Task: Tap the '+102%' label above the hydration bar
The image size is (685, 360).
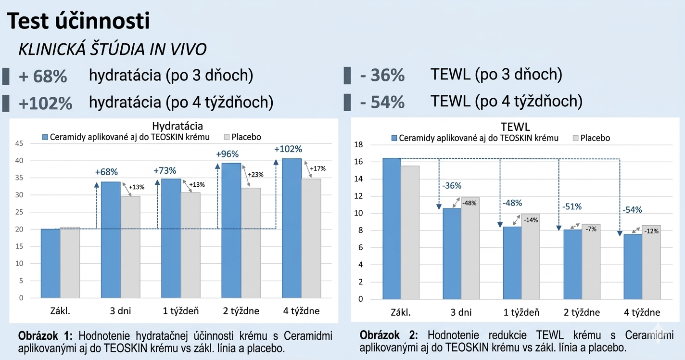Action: [x=288, y=149]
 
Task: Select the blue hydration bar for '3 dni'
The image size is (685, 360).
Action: [x=111, y=239]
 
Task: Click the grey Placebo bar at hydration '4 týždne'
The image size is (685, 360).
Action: [x=311, y=238]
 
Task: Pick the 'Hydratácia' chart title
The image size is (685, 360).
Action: [x=177, y=126]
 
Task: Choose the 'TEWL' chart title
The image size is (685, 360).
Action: [x=515, y=127]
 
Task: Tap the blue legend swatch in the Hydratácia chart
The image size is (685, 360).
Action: [x=46, y=137]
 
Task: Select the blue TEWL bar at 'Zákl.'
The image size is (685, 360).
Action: [x=392, y=229]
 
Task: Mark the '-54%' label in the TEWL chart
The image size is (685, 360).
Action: [x=632, y=210]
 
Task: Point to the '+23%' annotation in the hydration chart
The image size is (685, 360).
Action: [x=255, y=175]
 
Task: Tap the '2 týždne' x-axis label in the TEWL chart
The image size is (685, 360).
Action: [x=582, y=312]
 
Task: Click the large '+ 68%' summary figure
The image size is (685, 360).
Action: [x=43, y=77]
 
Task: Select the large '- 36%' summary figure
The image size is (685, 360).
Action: [x=382, y=76]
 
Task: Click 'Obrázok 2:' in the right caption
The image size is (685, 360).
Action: [x=389, y=335]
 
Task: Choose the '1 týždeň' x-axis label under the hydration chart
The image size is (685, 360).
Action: [x=181, y=311]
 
